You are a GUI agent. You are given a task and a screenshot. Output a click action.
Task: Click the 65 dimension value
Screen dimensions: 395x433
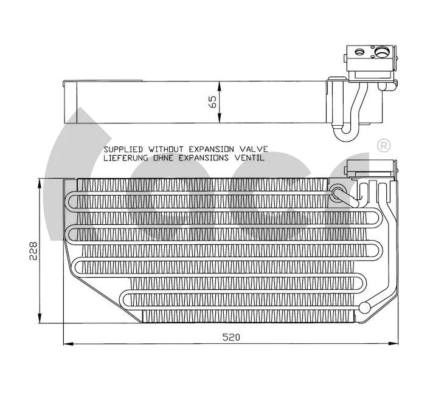(x=212, y=101)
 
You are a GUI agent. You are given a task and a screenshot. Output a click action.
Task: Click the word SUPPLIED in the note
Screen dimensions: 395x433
(x=123, y=149)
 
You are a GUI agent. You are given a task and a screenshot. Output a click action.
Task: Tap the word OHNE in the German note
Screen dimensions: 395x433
(x=163, y=157)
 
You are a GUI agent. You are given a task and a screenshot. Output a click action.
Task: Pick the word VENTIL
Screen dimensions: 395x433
(x=250, y=157)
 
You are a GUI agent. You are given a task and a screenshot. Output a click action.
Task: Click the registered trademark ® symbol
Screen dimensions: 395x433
(x=384, y=146)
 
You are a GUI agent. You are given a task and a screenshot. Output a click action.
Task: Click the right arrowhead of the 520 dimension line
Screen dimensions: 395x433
(x=396, y=343)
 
